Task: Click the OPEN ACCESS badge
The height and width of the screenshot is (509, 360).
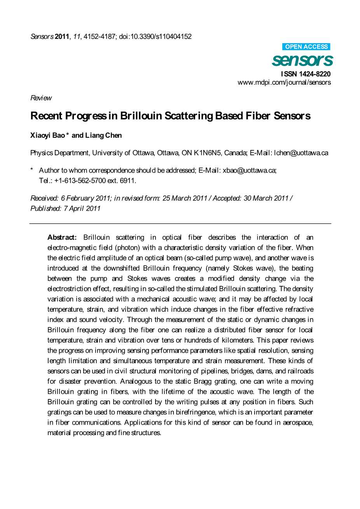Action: (306, 47)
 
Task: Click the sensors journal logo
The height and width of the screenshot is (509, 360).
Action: (302, 60)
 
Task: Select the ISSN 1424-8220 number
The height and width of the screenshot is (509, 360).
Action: (306, 74)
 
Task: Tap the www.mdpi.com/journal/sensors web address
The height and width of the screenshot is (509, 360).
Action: (284, 82)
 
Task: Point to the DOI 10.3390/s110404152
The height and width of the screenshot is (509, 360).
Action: (155, 37)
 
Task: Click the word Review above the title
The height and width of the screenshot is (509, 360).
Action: (41, 98)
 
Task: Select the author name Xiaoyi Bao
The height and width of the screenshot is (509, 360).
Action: (47, 135)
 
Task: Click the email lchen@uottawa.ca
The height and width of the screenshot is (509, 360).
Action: (301, 153)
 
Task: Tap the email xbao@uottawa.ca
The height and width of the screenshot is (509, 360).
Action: (249, 170)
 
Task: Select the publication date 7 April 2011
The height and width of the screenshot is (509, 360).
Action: (82, 208)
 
